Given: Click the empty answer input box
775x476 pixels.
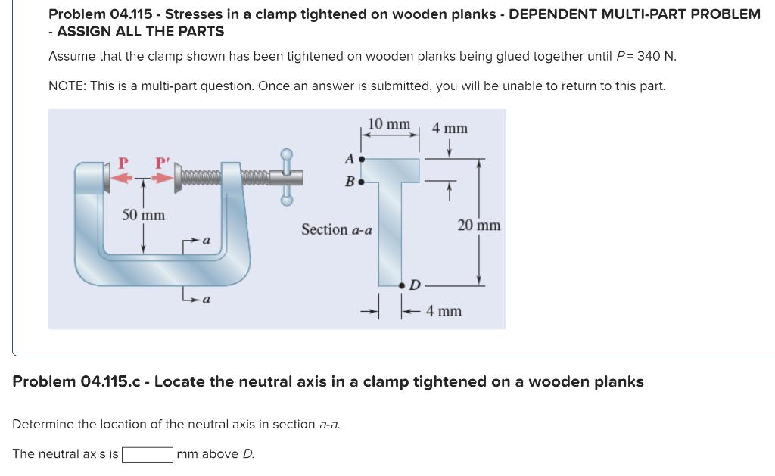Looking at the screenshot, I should (x=148, y=455).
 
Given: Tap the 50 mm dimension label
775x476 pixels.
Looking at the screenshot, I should (x=143, y=215).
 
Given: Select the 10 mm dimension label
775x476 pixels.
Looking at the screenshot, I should (x=389, y=124).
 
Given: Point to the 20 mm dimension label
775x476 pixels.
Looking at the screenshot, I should (x=478, y=226).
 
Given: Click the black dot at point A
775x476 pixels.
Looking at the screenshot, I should (x=362, y=160).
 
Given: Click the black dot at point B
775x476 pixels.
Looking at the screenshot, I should (x=362, y=182).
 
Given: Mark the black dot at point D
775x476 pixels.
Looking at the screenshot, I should (x=402, y=285).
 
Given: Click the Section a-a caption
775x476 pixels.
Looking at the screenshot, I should (x=336, y=229).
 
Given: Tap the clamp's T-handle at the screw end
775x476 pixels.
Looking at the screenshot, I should (x=287, y=176).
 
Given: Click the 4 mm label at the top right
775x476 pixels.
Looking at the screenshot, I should (x=450, y=129).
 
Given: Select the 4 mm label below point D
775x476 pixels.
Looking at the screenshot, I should (x=444, y=311).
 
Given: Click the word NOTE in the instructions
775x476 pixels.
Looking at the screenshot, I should (x=67, y=86).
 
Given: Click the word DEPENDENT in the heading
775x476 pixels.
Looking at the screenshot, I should (x=561, y=14).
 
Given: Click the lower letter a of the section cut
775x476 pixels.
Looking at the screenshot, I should (x=205, y=300).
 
